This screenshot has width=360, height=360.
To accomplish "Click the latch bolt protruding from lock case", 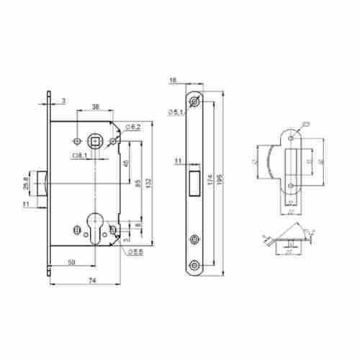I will (x=45, y=184).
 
